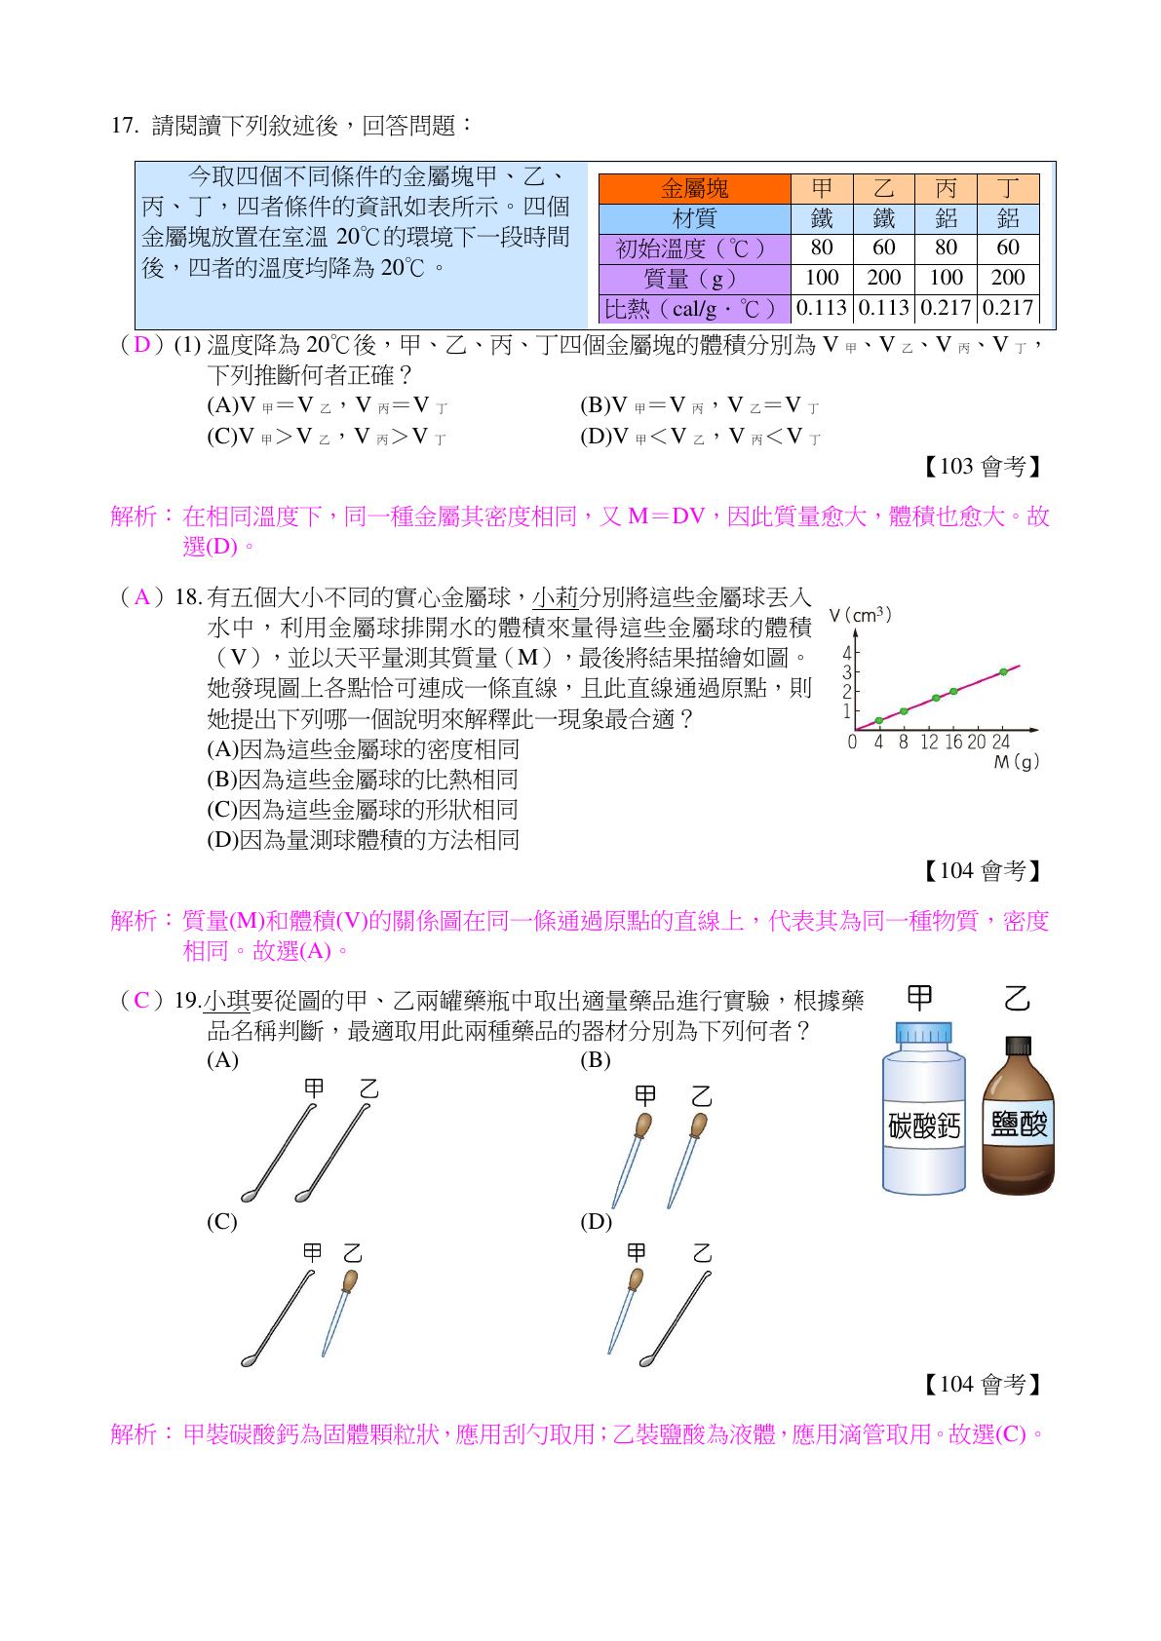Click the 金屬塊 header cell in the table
coord(694,189)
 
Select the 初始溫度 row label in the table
coord(694,248)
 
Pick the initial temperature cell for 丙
coord(946,248)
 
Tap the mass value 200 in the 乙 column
coord(883,278)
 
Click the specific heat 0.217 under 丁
coord(1008,308)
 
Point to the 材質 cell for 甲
coord(822,218)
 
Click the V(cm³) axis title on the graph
coord(860,615)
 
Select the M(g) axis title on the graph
coord(1016,762)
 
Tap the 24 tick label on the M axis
coord(1000,743)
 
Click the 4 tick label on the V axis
coord(847,654)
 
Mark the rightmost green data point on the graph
coord(1003,671)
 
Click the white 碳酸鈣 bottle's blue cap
coord(922,1033)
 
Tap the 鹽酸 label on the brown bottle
coord(1018,1125)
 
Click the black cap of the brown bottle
coord(1018,1047)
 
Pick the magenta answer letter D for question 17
coord(142,345)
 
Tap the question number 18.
coord(186,597)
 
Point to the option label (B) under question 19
coord(595,1060)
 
